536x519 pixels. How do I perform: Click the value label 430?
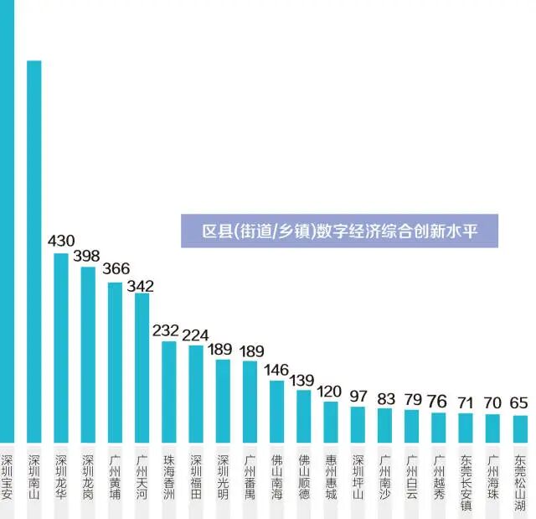[x=61, y=241]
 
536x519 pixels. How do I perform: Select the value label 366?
[x=115, y=269]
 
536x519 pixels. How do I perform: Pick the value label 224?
[x=195, y=334]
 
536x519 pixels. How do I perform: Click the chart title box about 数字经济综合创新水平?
[x=339, y=231]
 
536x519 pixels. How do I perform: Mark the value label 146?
[x=276, y=369]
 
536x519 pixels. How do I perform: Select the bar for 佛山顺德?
[x=303, y=415]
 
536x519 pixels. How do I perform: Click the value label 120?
[x=330, y=391]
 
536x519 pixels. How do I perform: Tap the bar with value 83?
[x=384, y=425]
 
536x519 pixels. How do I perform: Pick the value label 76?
[x=438, y=401]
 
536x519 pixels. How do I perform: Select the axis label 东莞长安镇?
[x=465, y=483]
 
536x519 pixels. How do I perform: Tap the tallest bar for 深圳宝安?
[x=7, y=218]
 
